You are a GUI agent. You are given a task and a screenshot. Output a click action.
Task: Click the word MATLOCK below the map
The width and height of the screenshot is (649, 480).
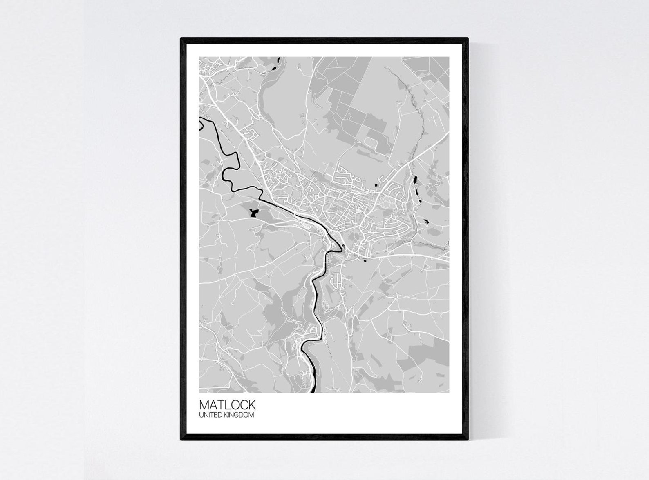pos(227,404)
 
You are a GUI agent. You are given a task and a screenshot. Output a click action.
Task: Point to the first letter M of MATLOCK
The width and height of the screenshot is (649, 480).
pos(204,404)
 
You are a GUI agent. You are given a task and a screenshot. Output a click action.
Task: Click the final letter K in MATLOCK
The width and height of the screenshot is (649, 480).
pos(251,404)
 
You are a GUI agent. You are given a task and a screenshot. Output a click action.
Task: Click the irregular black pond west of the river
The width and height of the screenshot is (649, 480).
pos(253,212)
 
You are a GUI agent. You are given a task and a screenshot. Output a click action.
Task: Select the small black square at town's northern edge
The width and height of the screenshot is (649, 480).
pos(376,186)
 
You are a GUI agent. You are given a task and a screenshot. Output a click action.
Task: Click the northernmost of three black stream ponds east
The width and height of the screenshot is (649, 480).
pos(415,179)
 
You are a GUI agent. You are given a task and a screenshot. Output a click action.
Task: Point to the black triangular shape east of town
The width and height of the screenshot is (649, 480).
pos(426,221)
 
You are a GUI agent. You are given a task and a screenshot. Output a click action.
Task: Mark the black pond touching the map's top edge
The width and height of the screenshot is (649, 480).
pos(278,60)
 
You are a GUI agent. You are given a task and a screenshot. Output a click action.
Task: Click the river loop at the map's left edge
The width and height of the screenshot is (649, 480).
pos(201,124)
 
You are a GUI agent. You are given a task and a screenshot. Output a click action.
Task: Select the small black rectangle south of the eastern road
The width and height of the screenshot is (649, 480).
pos(365,260)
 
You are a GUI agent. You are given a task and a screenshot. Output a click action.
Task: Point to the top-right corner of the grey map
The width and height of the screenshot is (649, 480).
pos(449,57)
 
